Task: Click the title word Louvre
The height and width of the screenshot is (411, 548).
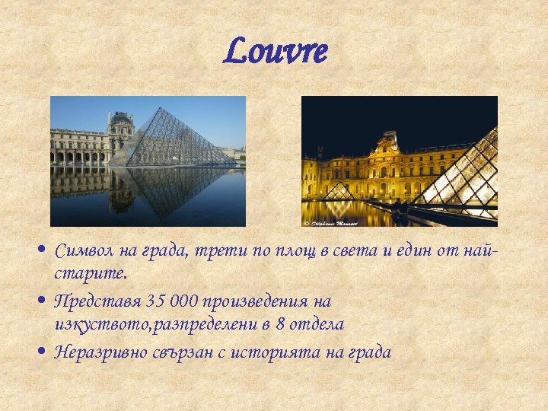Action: pos(276,52)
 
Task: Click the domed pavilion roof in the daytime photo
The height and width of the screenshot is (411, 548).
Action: pos(121,119)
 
